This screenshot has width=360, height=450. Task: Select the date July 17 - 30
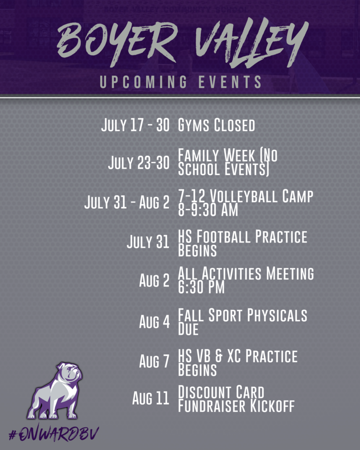click(x=135, y=125)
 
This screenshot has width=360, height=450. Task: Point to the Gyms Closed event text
click(x=216, y=125)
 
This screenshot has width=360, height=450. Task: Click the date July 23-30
click(x=138, y=163)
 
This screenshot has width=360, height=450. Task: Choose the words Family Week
click(x=216, y=155)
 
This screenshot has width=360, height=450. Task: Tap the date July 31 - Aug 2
click(x=127, y=202)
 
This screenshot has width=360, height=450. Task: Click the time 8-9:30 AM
click(x=208, y=210)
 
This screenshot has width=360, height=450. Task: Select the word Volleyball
click(x=244, y=196)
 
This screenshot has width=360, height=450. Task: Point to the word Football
click(x=223, y=236)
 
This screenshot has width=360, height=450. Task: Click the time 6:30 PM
click(x=201, y=287)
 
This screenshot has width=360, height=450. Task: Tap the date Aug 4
click(x=154, y=321)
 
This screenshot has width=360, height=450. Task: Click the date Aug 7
click(x=154, y=361)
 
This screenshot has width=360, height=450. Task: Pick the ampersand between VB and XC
click(x=219, y=356)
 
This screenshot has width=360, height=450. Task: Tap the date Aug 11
click(x=151, y=398)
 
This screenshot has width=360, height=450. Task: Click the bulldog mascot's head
click(x=70, y=373)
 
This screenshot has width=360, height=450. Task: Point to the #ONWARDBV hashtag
click(x=54, y=434)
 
